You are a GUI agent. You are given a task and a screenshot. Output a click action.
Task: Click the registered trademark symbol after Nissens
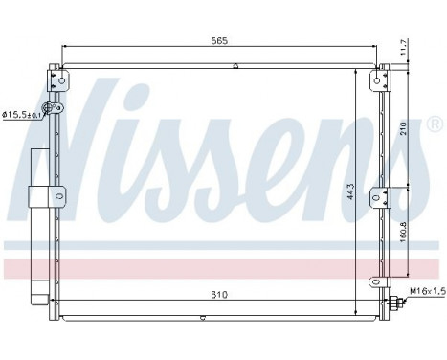(x=434, y=124)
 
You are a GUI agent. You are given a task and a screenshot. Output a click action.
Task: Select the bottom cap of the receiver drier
(x=40, y=309)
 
